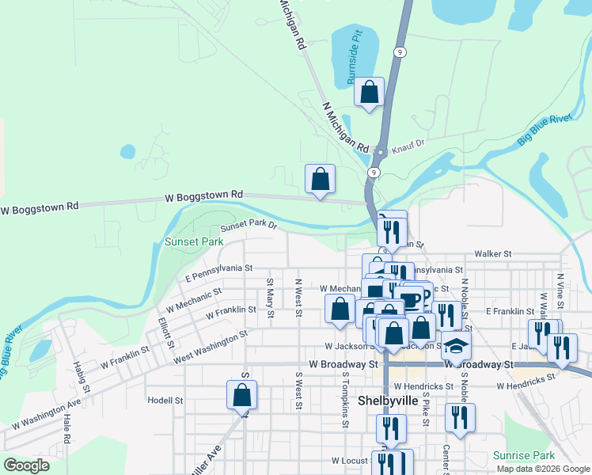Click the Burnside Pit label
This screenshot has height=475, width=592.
point(354,61)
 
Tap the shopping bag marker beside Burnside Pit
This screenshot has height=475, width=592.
point(370,93)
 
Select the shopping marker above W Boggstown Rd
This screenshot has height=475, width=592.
point(320,180)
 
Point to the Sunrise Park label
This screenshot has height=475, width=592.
point(524,455)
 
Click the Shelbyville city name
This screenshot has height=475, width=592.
point(388,401)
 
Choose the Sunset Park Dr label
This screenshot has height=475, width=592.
point(249,225)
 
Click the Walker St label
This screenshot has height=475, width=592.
point(492,254)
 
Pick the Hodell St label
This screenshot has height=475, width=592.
point(165,401)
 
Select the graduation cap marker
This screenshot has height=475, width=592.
point(456,346)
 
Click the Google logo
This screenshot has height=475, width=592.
point(26,465)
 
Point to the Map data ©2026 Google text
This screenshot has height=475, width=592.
point(543,469)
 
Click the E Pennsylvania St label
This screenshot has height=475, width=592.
point(218,273)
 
